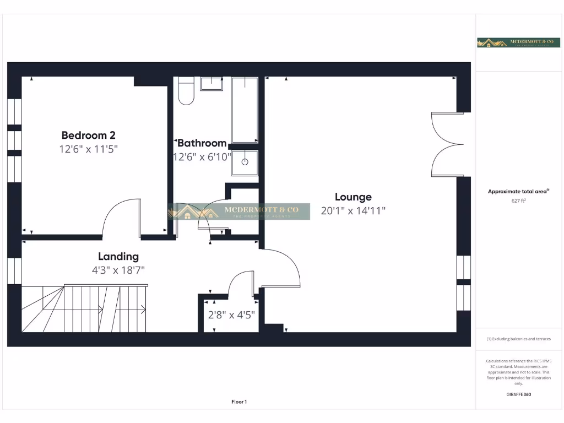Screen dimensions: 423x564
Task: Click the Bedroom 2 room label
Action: coord(88,135)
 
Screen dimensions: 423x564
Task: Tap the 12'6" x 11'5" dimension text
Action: coord(88,149)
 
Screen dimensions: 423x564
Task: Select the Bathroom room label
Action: coord(202,143)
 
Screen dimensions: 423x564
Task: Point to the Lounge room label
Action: coord(353,197)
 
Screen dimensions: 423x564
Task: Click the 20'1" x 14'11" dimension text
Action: coord(353,210)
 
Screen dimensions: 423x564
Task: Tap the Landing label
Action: coord(118,256)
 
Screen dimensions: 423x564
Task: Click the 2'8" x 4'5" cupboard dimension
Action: coord(231,316)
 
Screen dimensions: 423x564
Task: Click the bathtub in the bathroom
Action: coord(245,110)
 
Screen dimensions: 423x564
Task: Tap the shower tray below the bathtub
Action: coord(245,162)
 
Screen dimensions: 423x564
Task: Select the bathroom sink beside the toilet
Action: coord(211,84)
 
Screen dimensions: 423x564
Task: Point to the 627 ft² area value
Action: coord(518,201)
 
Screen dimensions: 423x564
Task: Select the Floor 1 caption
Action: coord(239,402)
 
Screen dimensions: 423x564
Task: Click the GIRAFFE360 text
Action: coord(518,394)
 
